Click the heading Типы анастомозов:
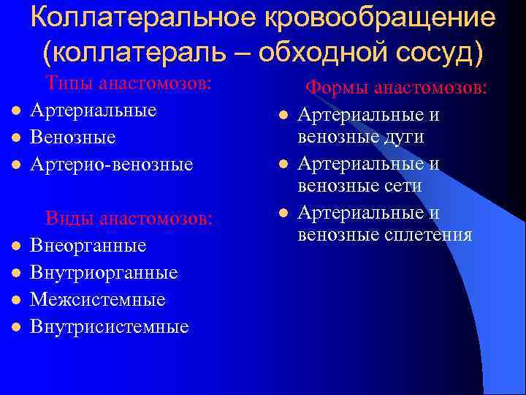click(x=129, y=83)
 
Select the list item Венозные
click(x=73, y=138)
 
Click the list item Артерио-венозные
click(x=111, y=165)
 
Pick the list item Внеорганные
click(x=88, y=245)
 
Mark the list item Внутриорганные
click(x=104, y=272)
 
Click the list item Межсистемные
click(x=97, y=299)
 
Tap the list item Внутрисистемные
click(x=109, y=326)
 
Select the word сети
click(x=404, y=186)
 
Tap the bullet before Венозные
click(x=15, y=138)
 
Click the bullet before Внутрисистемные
click(x=15, y=326)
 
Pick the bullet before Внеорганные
click(x=15, y=245)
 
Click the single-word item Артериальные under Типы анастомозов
click(x=93, y=110)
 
